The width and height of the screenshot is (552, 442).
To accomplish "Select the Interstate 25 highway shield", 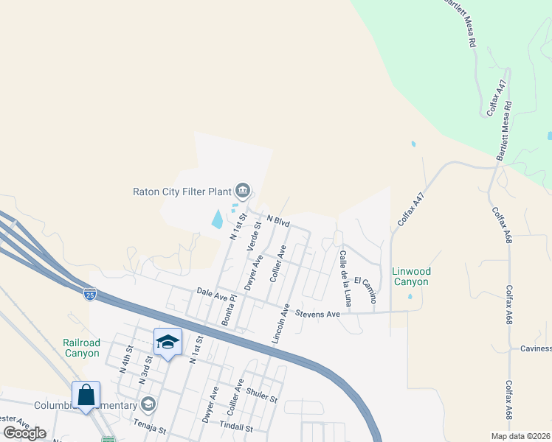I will pos(89,293).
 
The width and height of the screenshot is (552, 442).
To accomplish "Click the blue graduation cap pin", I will pos(168,342).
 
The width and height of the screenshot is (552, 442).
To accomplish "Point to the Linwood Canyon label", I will pos(411,277).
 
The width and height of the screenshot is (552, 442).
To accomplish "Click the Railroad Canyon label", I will pos(81,348).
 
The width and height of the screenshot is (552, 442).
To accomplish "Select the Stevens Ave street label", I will pos(317,315).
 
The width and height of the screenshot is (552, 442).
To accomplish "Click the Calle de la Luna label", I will pos(345,278).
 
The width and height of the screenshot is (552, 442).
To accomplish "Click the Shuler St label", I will pos(262,396).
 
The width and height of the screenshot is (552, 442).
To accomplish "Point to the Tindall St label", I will pos(235,427).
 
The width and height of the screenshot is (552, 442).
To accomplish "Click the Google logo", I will pos(25,433).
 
